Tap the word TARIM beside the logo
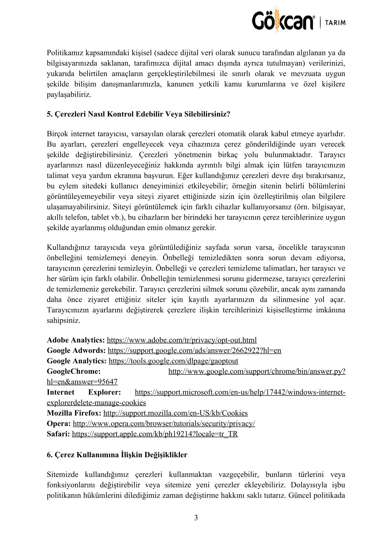pos(335,23)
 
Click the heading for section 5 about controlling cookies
pos(138,114)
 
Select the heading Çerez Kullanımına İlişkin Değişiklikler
pos(117,455)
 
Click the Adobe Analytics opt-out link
pos(182,340)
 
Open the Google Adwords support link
pos(194,351)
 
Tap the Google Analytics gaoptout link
pos(173,361)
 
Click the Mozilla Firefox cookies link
pos(175,413)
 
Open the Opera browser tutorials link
pos(164,424)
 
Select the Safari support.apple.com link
pos(155,434)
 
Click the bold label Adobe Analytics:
pos(76,340)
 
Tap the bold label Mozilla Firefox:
pos(74,413)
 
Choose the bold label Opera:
pos(59,424)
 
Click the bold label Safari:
pos(58,434)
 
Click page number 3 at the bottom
pos(196,518)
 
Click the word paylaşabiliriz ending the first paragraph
pos(69,95)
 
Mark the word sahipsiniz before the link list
pos(63,321)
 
